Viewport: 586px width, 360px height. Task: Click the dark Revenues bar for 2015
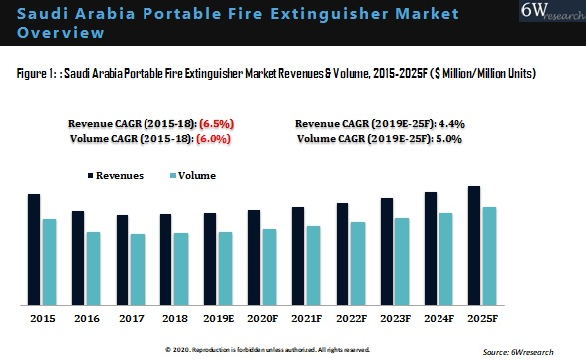tap(34, 249)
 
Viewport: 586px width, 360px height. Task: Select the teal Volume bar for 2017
tap(138, 269)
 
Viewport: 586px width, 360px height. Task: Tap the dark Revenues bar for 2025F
tap(474, 245)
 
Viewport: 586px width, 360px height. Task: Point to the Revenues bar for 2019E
tap(210, 258)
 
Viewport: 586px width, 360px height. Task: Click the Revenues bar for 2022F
tap(342, 253)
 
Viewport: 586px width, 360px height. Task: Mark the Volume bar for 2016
tap(93, 268)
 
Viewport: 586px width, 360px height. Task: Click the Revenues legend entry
tap(116, 176)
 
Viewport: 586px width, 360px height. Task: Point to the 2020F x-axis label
tap(261, 319)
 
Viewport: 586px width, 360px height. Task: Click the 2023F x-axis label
tap(394, 319)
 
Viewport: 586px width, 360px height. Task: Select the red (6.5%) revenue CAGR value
tap(215, 124)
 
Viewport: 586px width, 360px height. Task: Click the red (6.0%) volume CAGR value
tap(215, 139)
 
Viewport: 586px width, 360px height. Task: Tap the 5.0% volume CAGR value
tap(447, 139)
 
